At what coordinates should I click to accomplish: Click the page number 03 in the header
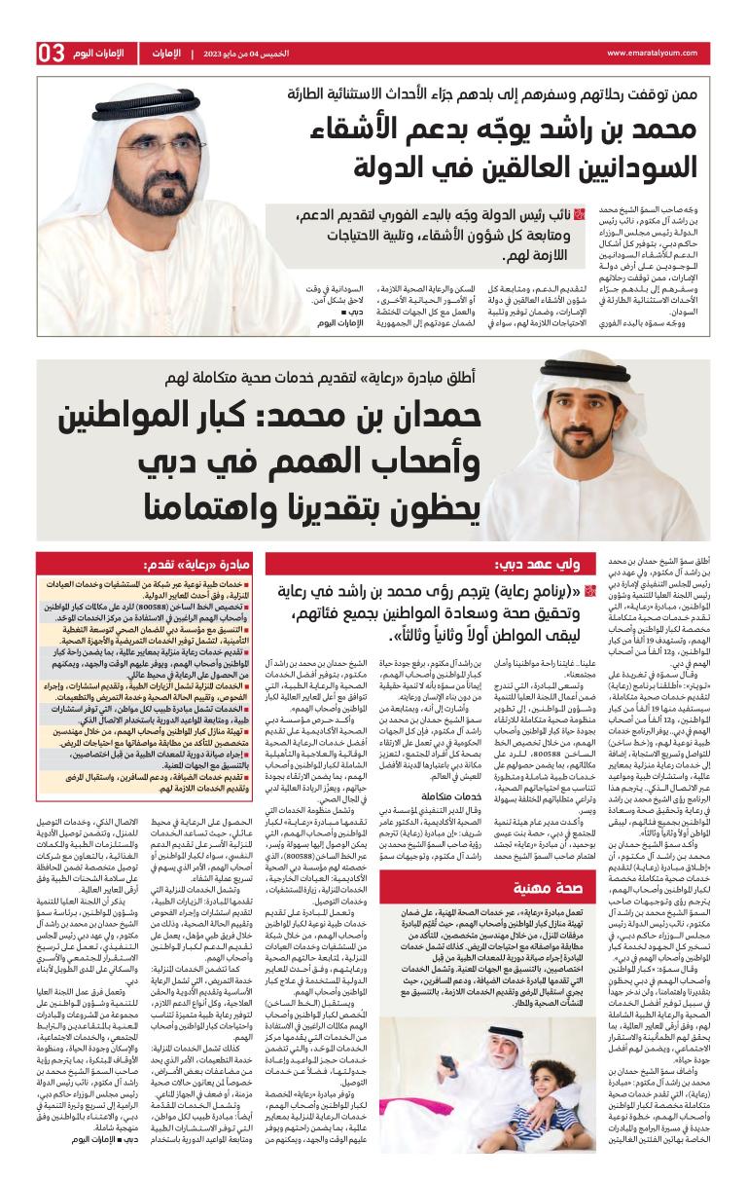pyautogui.click(x=52, y=53)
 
